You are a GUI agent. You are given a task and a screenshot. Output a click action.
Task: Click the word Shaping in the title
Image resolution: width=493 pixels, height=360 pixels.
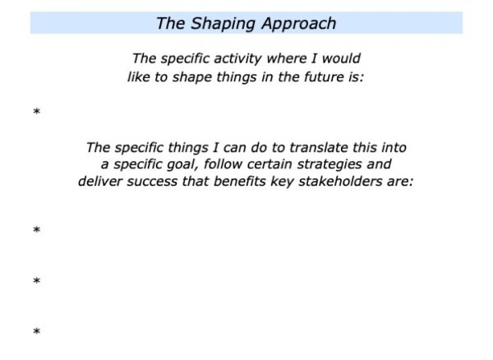(223, 24)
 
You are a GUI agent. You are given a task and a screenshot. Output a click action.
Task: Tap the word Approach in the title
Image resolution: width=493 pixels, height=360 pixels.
(299, 24)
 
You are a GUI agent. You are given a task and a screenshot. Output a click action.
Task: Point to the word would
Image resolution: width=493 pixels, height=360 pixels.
(341, 58)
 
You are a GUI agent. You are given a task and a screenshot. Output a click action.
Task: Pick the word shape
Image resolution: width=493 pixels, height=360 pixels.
(191, 77)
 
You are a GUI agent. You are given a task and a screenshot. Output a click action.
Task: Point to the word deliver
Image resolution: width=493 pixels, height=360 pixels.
(99, 182)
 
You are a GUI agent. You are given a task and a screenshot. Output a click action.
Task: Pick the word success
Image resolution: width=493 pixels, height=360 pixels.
(152, 182)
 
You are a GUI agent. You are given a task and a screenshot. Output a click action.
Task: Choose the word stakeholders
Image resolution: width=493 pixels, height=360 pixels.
(340, 182)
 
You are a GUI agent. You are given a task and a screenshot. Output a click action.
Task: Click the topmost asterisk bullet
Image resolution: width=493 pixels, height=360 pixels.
(37, 111)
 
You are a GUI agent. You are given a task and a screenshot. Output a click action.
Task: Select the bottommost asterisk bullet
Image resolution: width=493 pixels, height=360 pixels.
(37, 331)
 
